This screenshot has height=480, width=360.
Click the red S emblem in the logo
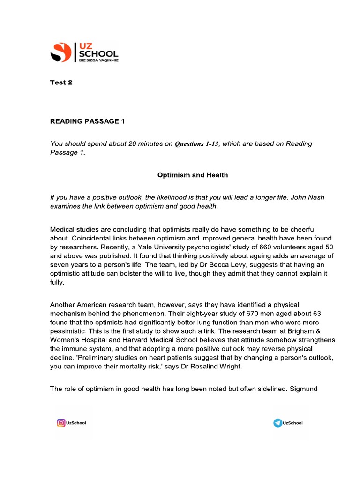point(60,52)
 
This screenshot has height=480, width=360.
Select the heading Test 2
point(61,82)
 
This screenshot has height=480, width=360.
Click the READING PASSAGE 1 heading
point(88,121)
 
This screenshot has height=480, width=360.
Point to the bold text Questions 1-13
point(197,144)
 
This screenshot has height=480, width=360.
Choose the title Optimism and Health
point(192,175)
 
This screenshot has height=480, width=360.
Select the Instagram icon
point(61,423)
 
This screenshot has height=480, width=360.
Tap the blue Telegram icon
point(278,423)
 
